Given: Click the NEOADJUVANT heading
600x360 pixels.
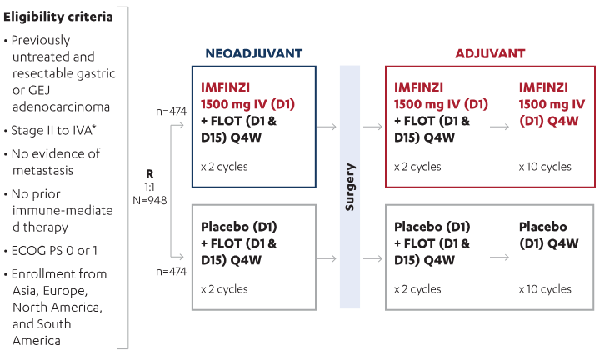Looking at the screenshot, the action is (x=253, y=53).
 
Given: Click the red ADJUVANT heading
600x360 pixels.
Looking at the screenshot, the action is (x=490, y=53).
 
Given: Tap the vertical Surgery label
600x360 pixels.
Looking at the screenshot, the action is (x=350, y=187).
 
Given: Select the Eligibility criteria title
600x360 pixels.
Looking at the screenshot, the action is (x=58, y=17).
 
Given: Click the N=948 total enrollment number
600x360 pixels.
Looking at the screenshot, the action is (x=150, y=200).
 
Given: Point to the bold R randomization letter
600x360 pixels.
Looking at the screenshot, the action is (x=150, y=173).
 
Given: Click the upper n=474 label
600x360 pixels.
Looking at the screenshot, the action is (x=171, y=112).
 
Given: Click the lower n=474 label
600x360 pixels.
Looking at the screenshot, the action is (x=171, y=271).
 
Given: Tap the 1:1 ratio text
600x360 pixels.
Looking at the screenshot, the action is (x=149, y=187).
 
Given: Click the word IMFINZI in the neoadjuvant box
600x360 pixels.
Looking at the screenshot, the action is (x=225, y=87).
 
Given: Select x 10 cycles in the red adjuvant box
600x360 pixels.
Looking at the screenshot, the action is (x=545, y=167).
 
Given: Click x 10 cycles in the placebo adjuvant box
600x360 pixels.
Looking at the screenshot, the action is (x=545, y=289).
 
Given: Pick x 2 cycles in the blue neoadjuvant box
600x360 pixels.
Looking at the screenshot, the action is (x=224, y=167).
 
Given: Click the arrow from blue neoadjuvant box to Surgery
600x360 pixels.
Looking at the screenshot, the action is (x=327, y=127).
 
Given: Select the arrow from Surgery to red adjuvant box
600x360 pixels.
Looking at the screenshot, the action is (x=373, y=127).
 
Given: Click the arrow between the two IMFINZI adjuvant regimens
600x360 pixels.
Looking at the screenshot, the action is (x=500, y=127).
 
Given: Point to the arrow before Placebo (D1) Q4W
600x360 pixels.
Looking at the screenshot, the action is (x=500, y=257).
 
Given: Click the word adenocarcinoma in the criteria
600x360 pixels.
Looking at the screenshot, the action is (x=61, y=107).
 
